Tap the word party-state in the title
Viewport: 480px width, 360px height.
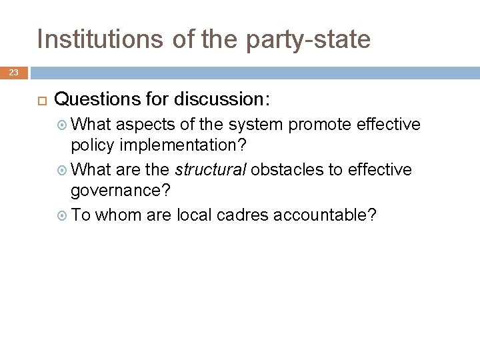[308, 39]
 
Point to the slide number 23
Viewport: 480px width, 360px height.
[13, 73]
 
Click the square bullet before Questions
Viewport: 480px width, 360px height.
[41, 101]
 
